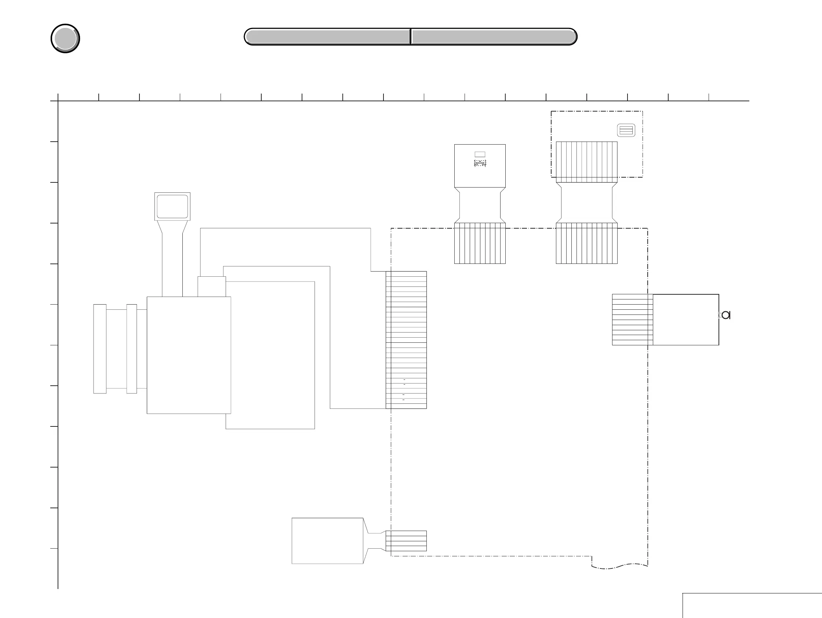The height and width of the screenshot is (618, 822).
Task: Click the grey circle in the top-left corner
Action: click(65, 38)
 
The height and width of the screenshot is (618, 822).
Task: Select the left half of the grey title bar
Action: click(327, 37)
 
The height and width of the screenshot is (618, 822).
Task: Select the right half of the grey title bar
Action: click(494, 37)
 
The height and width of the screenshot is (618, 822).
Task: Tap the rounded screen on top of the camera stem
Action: click(172, 206)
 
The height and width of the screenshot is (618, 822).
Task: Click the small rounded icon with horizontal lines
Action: click(626, 130)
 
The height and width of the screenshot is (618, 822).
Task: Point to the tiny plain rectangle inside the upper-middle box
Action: click(480, 154)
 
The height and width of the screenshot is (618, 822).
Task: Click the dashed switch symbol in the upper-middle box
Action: click(480, 163)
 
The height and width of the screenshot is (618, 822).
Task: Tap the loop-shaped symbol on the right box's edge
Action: click(726, 315)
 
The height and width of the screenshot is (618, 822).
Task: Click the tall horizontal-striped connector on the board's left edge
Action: click(406, 340)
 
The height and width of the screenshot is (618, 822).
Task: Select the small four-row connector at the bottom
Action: click(406, 541)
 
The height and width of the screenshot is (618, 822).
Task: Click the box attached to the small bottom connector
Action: click(327, 541)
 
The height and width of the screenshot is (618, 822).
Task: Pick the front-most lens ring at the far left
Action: click(99, 349)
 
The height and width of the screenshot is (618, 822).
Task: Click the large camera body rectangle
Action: click(189, 355)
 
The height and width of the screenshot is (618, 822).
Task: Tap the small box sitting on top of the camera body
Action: click(211, 287)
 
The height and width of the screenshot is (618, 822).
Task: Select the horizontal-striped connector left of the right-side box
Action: click(633, 320)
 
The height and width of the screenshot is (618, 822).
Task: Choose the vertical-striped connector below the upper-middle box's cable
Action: click(480, 243)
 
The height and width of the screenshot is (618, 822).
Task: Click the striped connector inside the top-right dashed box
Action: click(586, 161)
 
